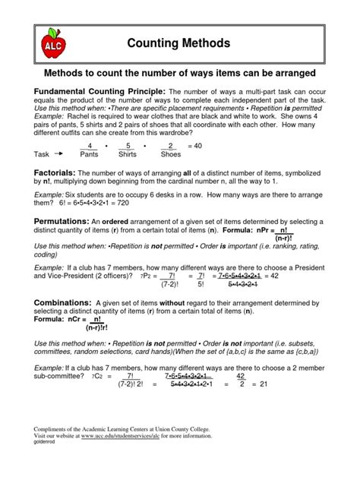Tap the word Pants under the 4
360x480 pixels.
click(x=90, y=153)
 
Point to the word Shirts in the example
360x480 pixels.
click(x=128, y=153)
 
